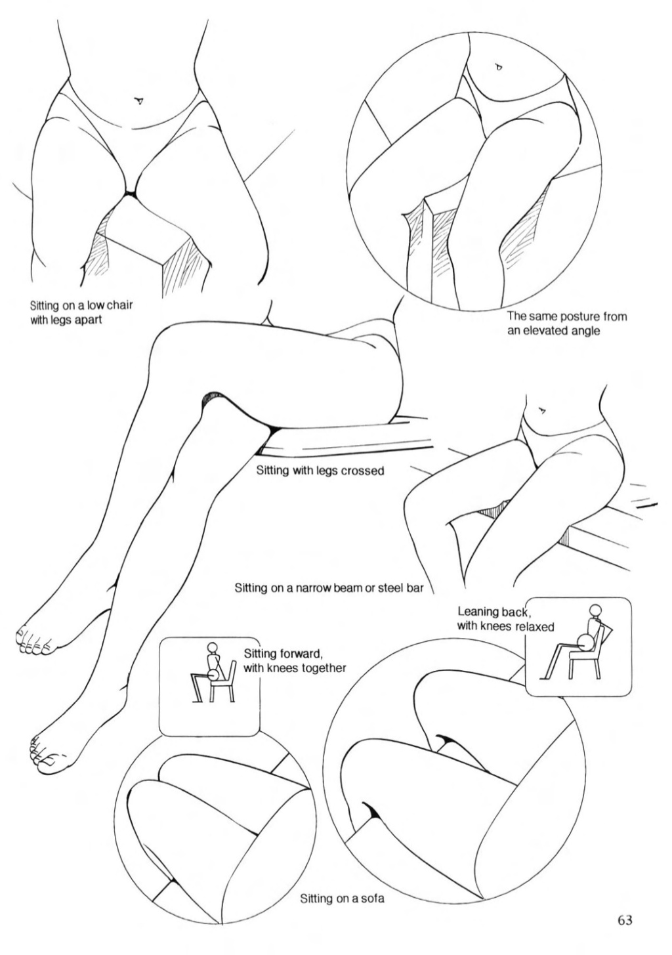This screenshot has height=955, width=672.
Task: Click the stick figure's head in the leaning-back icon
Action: pyautogui.click(x=594, y=611)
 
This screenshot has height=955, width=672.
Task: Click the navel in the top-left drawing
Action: pyautogui.click(x=138, y=100)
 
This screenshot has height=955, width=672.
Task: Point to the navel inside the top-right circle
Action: pyautogui.click(x=498, y=67)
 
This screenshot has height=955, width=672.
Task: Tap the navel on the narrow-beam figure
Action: pyautogui.click(x=541, y=411)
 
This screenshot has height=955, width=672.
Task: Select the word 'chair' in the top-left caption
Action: pyautogui.click(x=119, y=306)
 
